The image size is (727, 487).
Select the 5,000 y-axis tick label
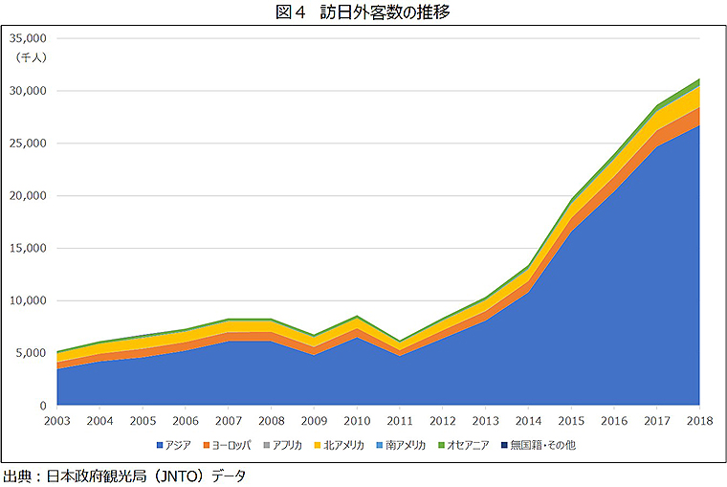(33, 353)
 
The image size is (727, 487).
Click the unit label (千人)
(32, 57)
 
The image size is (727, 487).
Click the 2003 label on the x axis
(58, 421)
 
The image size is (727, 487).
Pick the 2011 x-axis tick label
(401, 421)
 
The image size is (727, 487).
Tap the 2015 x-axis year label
(571, 421)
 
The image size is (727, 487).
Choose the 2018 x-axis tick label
(699, 421)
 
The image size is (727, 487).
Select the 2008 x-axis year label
(273, 421)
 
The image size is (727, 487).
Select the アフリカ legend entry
(287, 445)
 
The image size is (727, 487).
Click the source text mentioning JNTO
(124, 476)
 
